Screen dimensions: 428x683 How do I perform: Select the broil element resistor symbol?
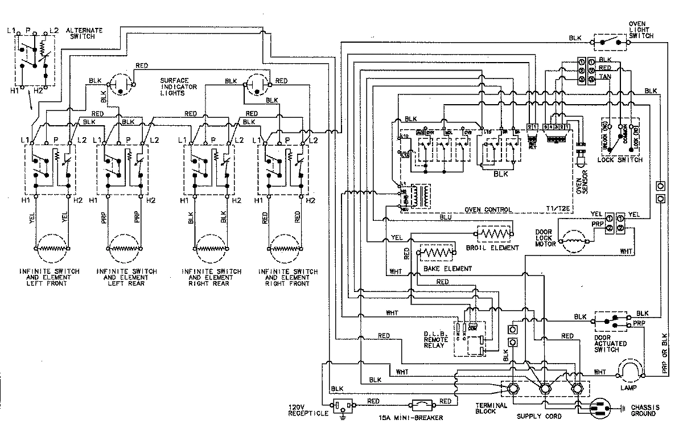pos(492,233)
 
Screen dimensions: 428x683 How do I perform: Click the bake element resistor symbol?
pos(437,252)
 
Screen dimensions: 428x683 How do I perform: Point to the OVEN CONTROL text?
pos(488,209)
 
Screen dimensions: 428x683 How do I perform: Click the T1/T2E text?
pos(557,209)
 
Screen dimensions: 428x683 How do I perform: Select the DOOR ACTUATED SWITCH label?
pos(610,344)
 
